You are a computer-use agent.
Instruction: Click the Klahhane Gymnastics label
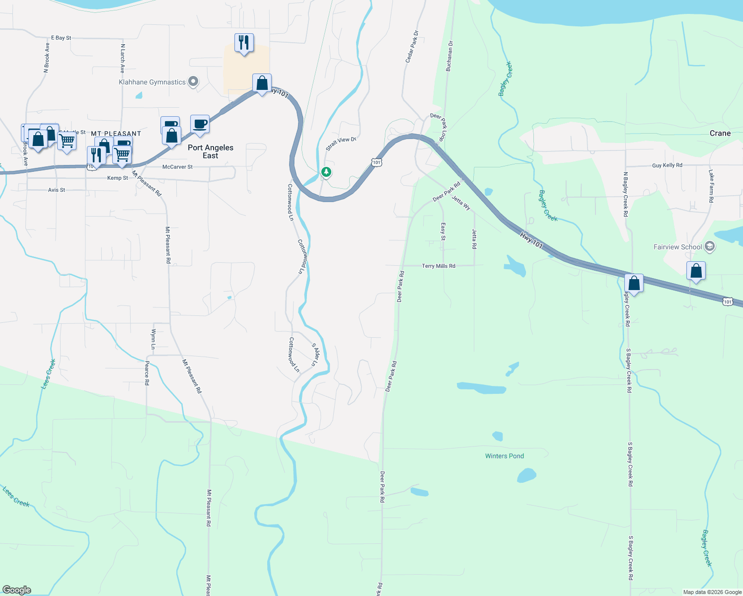pyautogui.click(x=152, y=82)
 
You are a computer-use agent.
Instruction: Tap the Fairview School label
pyautogui.click(x=677, y=247)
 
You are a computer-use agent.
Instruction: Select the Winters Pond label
pyautogui.click(x=504, y=456)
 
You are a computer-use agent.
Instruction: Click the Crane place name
pyautogui.click(x=720, y=133)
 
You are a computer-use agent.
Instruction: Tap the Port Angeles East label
pyautogui.click(x=210, y=151)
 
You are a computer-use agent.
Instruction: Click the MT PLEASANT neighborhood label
pyautogui.click(x=116, y=134)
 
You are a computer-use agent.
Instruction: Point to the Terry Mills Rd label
pyautogui.click(x=438, y=266)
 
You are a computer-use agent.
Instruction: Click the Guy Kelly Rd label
pyautogui.click(x=667, y=165)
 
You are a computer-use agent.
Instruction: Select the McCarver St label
pyautogui.click(x=177, y=167)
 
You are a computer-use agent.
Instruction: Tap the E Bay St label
pyautogui.click(x=61, y=38)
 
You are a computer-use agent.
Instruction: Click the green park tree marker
pyautogui.click(x=326, y=172)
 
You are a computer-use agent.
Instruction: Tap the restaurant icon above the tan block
pyautogui.click(x=244, y=43)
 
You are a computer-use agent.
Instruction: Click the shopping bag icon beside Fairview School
pyautogui.click(x=696, y=271)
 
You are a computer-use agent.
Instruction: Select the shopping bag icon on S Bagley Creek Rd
pyautogui.click(x=634, y=283)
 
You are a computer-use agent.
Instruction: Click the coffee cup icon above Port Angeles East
pyautogui.click(x=200, y=124)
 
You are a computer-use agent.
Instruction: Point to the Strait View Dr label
pyautogui.click(x=341, y=144)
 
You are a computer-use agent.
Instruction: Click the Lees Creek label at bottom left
pyautogui.click(x=16, y=497)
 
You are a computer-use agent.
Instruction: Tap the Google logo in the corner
pyautogui.click(x=17, y=590)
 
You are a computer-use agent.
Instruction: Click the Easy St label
pyautogui.click(x=443, y=231)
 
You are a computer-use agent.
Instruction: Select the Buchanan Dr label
pyautogui.click(x=449, y=57)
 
